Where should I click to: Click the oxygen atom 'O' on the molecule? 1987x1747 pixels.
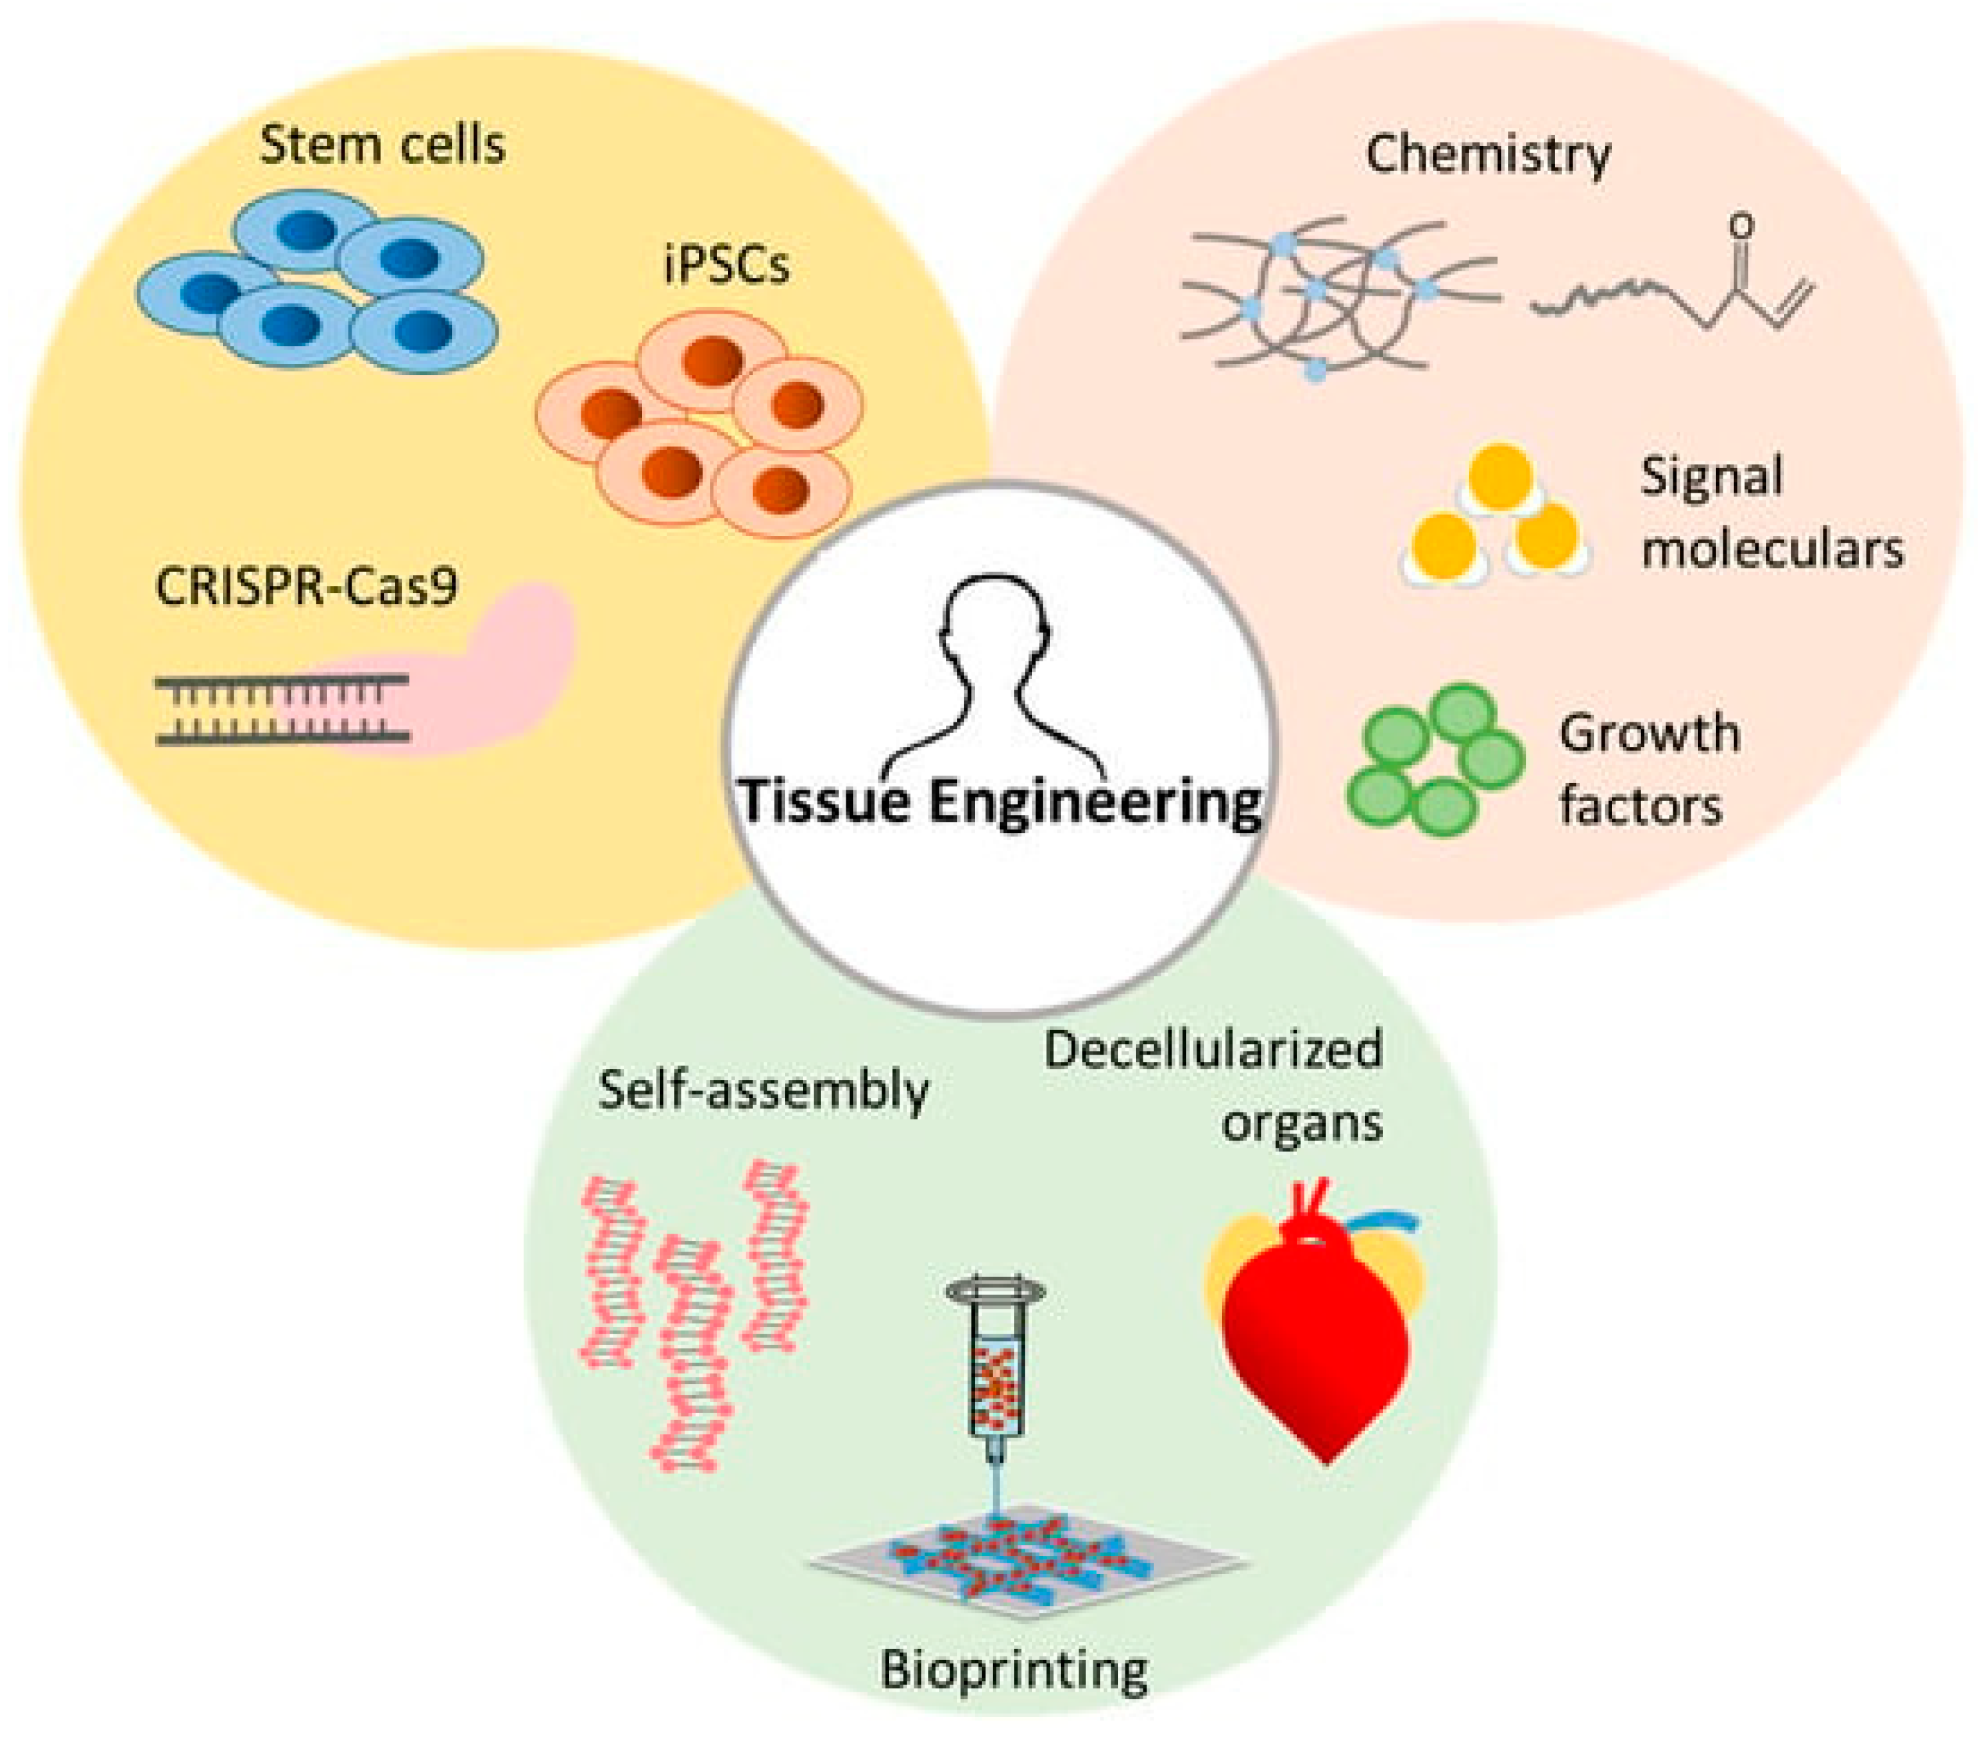1742,226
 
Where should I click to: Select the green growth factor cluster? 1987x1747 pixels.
1434,758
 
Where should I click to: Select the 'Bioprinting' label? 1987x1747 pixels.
1014,1670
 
